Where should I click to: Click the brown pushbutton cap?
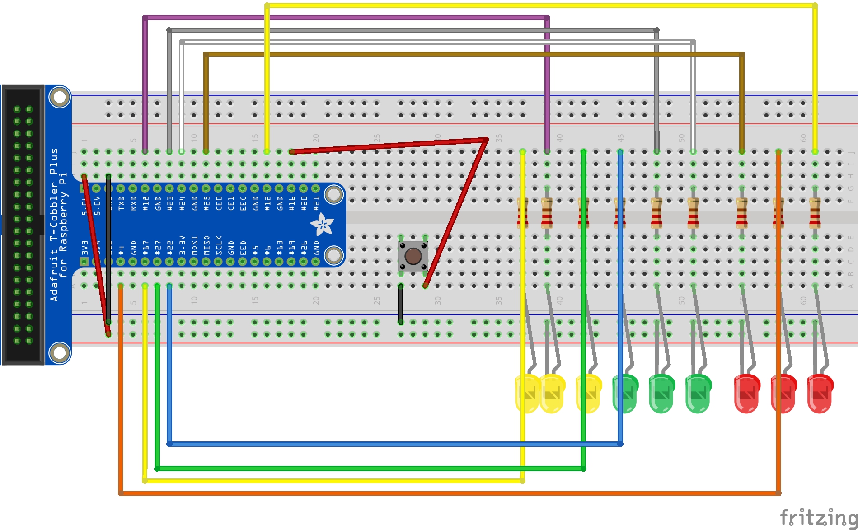pyautogui.click(x=413, y=256)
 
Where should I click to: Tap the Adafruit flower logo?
pyautogui.click(x=322, y=224)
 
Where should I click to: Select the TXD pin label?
pyautogui.click(x=121, y=203)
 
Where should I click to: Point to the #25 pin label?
pyautogui.click(x=206, y=203)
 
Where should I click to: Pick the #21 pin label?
pyautogui.click(x=316, y=203)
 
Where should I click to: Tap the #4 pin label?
pyautogui.click(x=121, y=249)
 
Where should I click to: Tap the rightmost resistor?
pyautogui.click(x=815, y=212)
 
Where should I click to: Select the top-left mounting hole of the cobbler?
pyautogui.click(x=60, y=97)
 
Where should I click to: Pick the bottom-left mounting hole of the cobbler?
pyautogui.click(x=60, y=352)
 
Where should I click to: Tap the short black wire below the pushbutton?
pyautogui.click(x=401, y=304)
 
